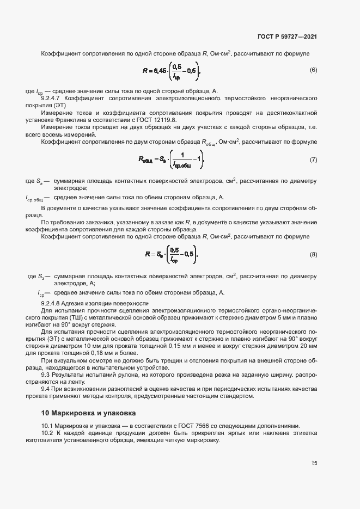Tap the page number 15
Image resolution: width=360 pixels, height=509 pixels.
point(314,463)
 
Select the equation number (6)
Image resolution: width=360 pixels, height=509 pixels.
point(313,70)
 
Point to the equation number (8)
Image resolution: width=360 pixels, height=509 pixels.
point(313,254)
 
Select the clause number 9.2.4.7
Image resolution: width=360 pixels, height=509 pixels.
point(53,97)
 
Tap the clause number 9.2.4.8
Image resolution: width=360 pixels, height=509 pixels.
point(53,303)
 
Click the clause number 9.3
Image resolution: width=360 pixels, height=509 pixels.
point(46,375)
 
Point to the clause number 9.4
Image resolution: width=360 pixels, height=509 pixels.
point(46,389)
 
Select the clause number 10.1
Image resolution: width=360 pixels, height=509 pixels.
point(48,425)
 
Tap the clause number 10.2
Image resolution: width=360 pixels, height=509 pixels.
point(48,433)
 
